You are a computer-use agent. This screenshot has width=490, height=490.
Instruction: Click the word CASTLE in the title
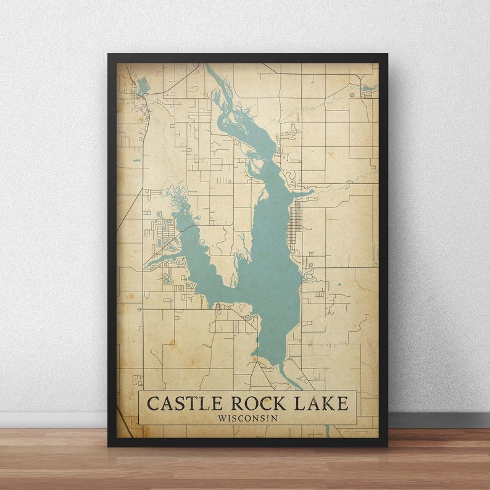[x=184, y=404]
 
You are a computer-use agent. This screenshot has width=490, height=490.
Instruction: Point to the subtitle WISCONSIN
[x=247, y=418]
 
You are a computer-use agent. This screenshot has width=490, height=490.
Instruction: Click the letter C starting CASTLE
[x=152, y=404]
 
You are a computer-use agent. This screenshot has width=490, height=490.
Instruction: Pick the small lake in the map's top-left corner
[x=143, y=85]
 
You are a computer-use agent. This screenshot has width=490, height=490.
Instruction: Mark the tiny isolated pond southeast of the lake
[x=339, y=284]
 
